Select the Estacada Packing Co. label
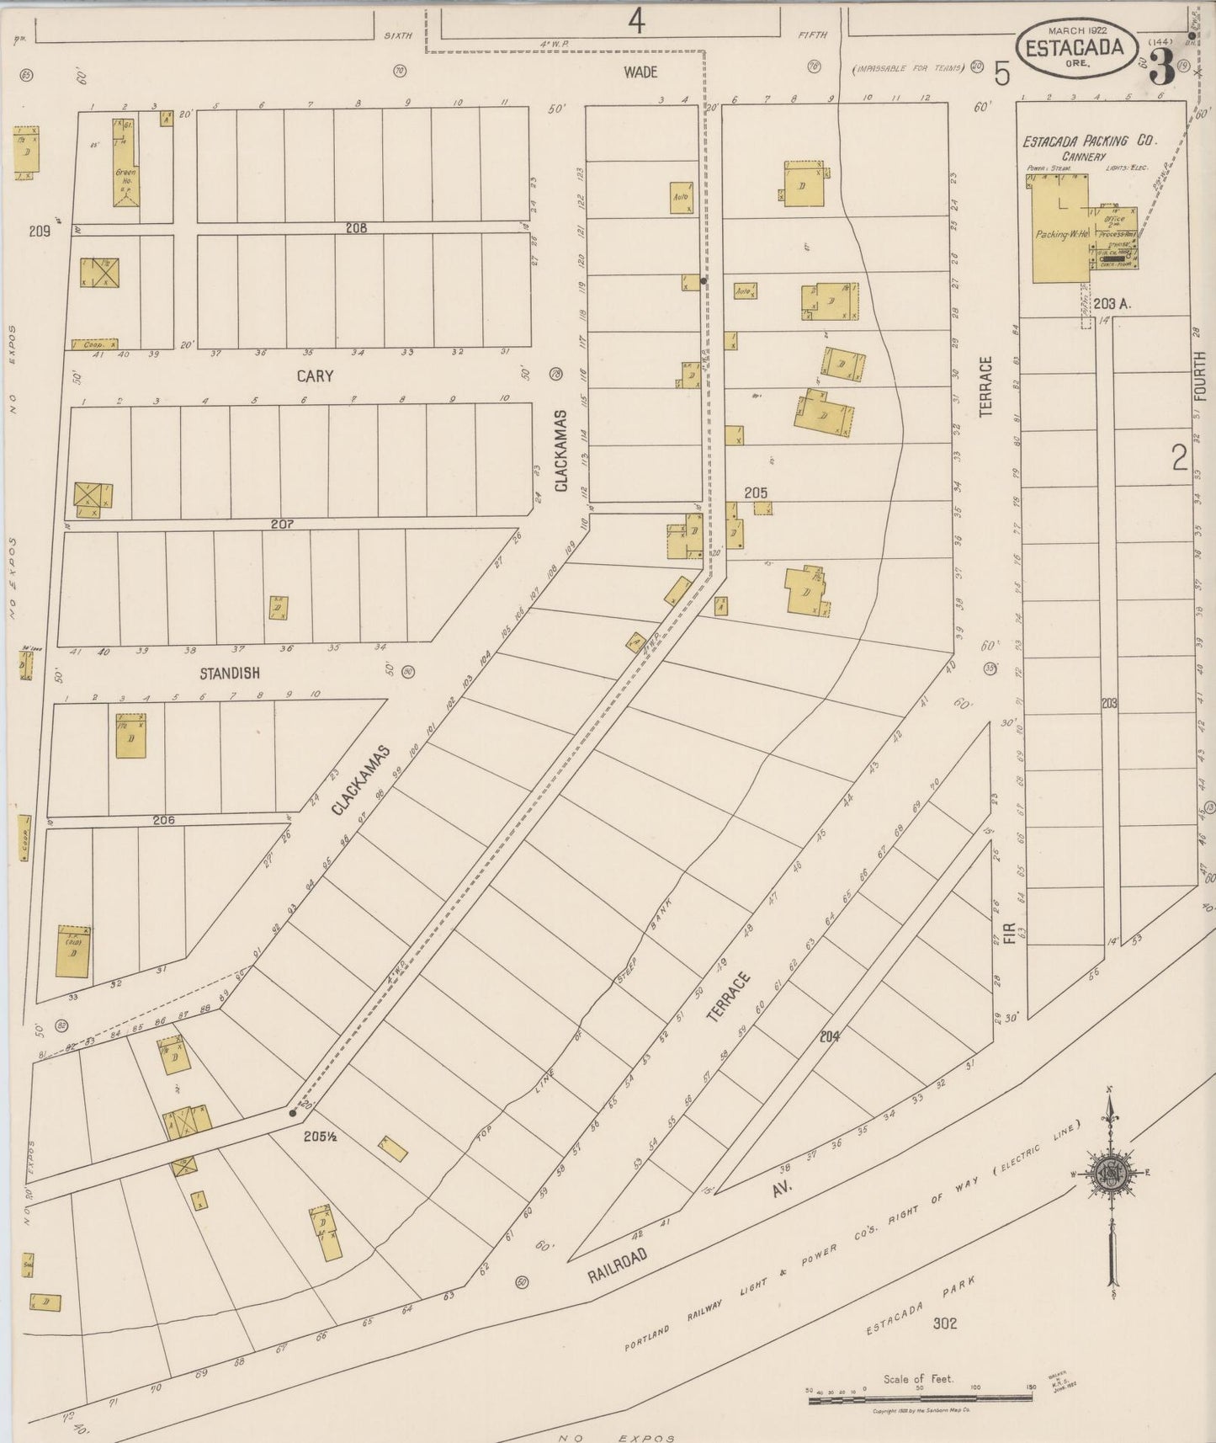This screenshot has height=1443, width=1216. point(1089,141)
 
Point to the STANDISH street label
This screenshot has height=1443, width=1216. point(229,674)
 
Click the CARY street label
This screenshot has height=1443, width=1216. point(315,376)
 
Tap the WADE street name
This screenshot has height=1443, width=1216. point(640,72)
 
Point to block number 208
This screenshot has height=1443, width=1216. point(356,227)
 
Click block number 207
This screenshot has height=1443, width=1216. point(282,524)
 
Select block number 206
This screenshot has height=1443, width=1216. point(163,819)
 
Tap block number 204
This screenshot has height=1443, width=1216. point(831,1037)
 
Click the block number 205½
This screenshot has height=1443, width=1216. point(321,1136)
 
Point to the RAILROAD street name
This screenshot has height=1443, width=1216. point(618,1265)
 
